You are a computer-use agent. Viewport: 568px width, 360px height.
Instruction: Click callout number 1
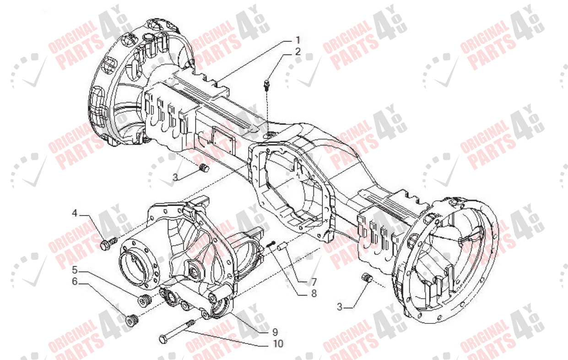(298, 40)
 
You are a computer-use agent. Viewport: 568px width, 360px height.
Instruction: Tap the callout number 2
(298, 52)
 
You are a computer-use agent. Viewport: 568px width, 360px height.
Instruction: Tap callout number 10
(278, 344)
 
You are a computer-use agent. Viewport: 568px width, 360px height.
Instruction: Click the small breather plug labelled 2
(266, 84)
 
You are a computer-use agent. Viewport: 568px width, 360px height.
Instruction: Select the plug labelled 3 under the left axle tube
(205, 169)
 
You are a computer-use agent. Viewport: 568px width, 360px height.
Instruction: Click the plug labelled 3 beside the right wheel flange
(366, 277)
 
